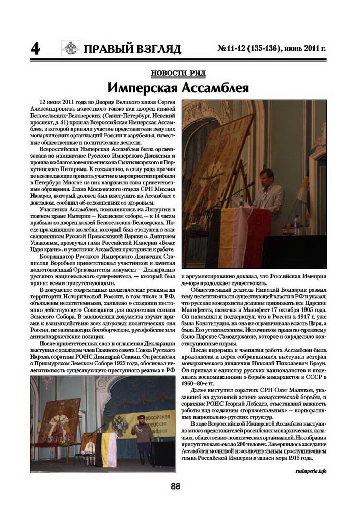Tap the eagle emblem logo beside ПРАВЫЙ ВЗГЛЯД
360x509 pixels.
[71, 48]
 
